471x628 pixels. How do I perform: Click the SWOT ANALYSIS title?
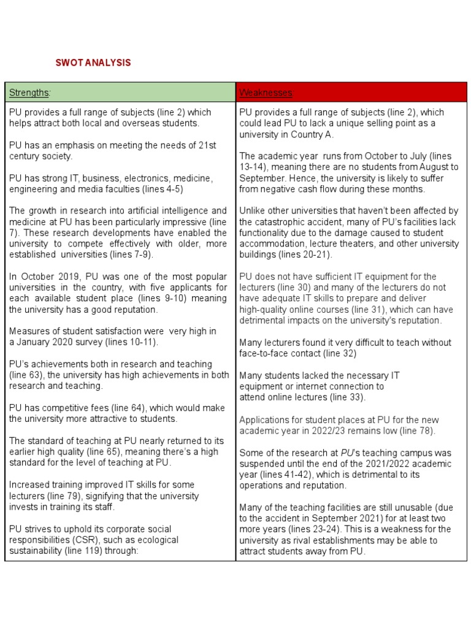(x=93, y=63)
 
